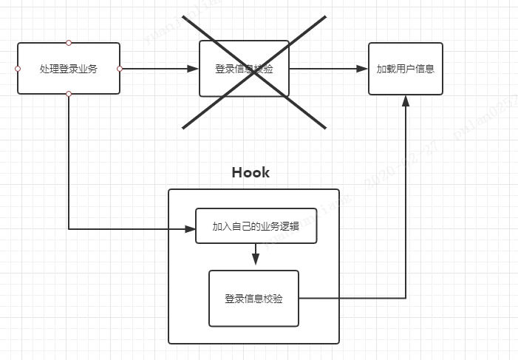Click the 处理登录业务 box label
69,69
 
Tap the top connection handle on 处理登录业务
69,43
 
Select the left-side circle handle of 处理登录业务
17,69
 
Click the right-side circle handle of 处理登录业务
120,69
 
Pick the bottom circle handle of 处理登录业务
69,94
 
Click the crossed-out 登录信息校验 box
244,69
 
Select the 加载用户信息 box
405,69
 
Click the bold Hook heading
251,173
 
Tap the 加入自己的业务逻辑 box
256,226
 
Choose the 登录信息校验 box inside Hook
253,299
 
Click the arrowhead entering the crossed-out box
194,69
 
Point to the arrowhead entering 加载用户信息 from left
362,69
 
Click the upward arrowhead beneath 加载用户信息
405,101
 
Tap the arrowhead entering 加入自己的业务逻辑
189,229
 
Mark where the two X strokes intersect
253,72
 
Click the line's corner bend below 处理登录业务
69,229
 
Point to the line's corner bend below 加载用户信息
405,298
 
